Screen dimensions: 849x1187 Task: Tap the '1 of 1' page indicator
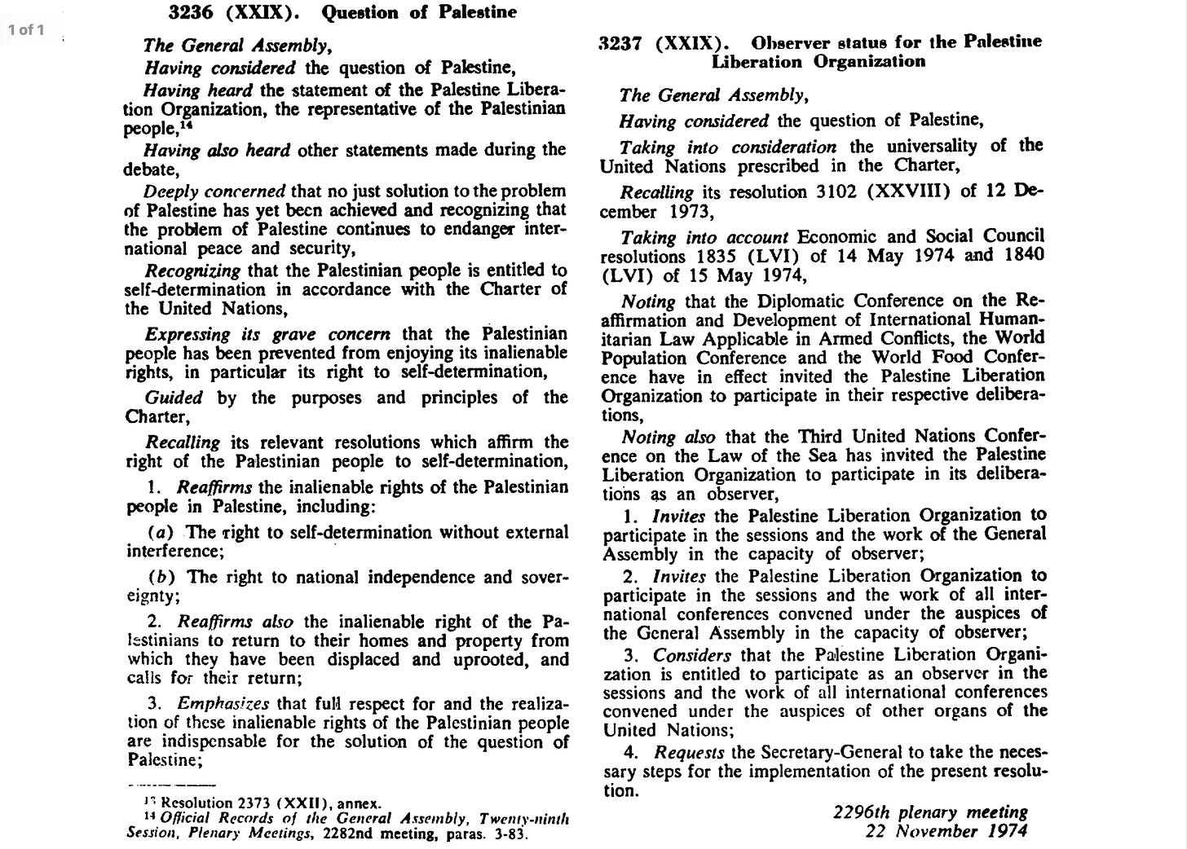click(26, 31)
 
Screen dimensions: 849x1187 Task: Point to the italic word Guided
click(174, 398)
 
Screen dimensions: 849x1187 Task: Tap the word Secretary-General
click(829, 752)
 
